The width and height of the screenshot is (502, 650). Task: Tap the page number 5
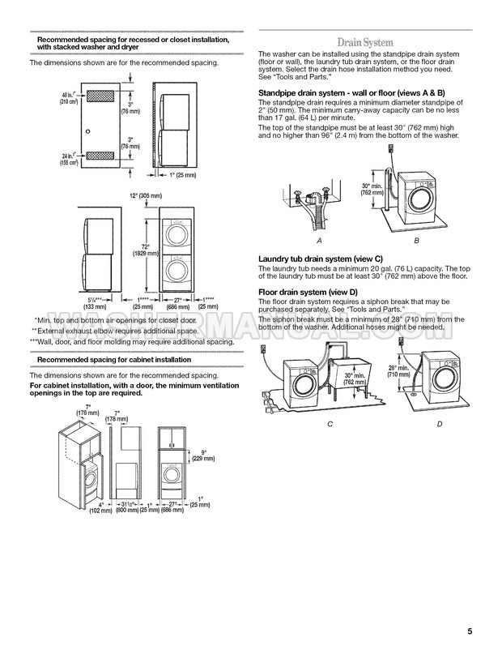pyautogui.click(x=470, y=631)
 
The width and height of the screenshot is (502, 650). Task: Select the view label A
pyautogui.click(x=319, y=242)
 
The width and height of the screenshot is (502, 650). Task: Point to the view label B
pyautogui.click(x=415, y=242)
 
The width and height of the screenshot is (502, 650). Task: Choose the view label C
pyautogui.click(x=330, y=424)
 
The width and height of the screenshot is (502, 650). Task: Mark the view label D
pyautogui.click(x=438, y=424)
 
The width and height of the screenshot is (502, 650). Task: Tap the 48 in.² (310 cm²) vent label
pyautogui.click(x=70, y=98)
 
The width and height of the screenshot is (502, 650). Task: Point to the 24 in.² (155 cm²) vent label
pyautogui.click(x=70, y=160)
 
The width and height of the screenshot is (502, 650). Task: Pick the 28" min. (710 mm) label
pyautogui.click(x=398, y=371)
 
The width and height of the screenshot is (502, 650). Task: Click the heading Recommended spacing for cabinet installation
pyautogui.click(x=115, y=359)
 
